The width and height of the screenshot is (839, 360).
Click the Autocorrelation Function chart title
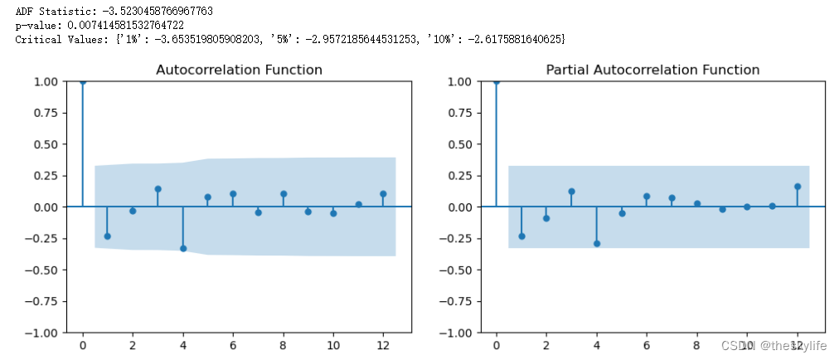[x=239, y=70]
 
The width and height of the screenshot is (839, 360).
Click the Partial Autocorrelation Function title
[x=652, y=70]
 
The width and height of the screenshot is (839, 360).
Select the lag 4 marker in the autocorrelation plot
[x=182, y=248]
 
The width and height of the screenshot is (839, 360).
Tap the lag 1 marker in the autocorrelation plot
[x=107, y=236]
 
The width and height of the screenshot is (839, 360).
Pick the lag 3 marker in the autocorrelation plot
[x=158, y=189]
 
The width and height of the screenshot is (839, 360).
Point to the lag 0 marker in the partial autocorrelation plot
[x=496, y=81]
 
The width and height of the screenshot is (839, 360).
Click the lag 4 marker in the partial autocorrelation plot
[x=596, y=243]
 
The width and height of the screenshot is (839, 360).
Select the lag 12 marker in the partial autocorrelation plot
[x=798, y=187]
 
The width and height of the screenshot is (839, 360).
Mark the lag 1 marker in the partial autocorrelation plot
[x=521, y=236]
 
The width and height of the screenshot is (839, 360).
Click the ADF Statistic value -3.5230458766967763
[x=142, y=12]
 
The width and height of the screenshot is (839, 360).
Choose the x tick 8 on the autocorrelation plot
[x=283, y=344]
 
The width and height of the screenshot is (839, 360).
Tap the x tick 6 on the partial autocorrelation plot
[x=647, y=344]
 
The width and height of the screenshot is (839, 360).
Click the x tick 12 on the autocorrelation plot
[x=383, y=344]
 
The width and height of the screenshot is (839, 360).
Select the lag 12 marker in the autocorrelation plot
[x=383, y=194]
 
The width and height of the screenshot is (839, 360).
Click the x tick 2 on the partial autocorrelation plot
[x=546, y=344]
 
